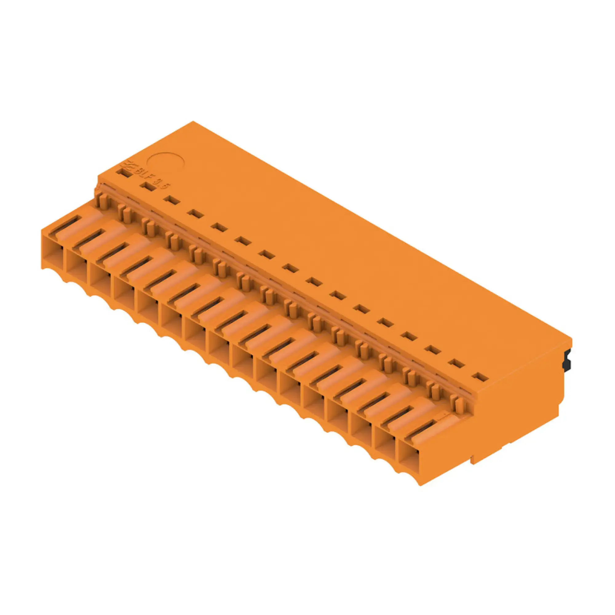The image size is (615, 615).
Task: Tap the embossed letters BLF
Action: tap(144, 175)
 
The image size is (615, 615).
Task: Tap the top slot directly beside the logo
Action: tap(125, 173)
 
